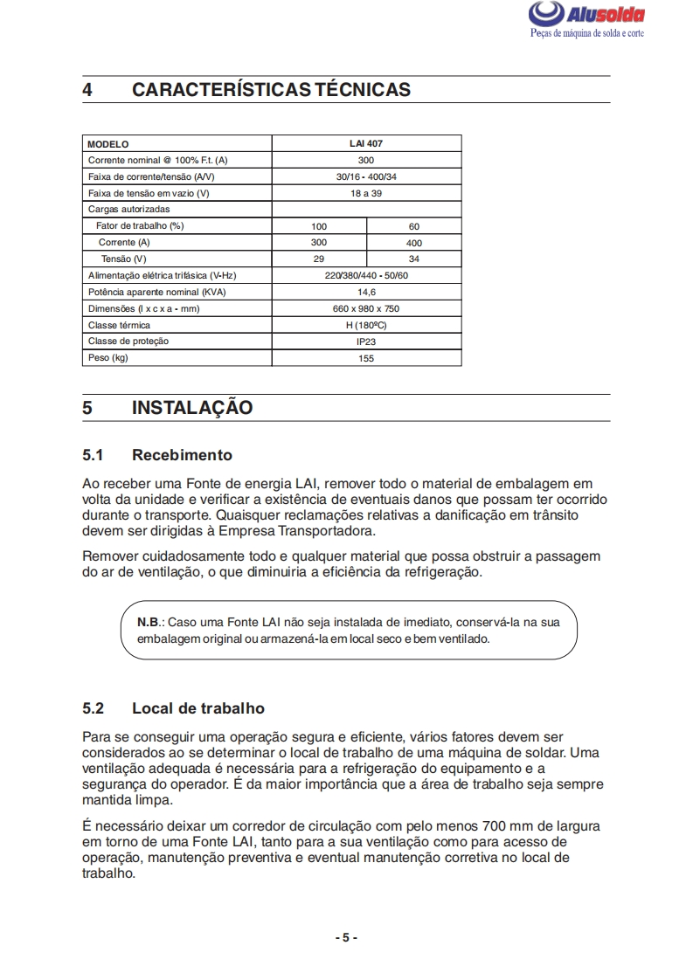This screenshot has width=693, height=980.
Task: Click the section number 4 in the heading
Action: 88,90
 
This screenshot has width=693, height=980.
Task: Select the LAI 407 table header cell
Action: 366,143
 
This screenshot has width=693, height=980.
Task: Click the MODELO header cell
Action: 108,143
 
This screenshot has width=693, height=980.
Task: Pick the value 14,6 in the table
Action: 366,292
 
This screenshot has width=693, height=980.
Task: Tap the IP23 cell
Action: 366,342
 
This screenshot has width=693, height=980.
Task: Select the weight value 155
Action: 366,358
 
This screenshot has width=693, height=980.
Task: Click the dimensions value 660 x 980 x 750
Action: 366,308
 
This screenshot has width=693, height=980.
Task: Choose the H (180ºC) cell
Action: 366,325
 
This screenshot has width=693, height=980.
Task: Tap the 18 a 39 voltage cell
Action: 366,193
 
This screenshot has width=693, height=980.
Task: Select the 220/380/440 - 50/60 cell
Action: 366,275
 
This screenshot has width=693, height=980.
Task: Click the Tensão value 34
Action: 413,259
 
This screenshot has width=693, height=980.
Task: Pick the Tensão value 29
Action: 319,259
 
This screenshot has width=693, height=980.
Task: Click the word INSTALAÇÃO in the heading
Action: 192,408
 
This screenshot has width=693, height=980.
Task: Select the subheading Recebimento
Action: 182,455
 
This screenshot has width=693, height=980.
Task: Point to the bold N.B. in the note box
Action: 149,622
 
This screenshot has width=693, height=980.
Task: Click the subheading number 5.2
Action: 94,708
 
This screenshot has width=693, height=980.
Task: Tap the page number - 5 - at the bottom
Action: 346,937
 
